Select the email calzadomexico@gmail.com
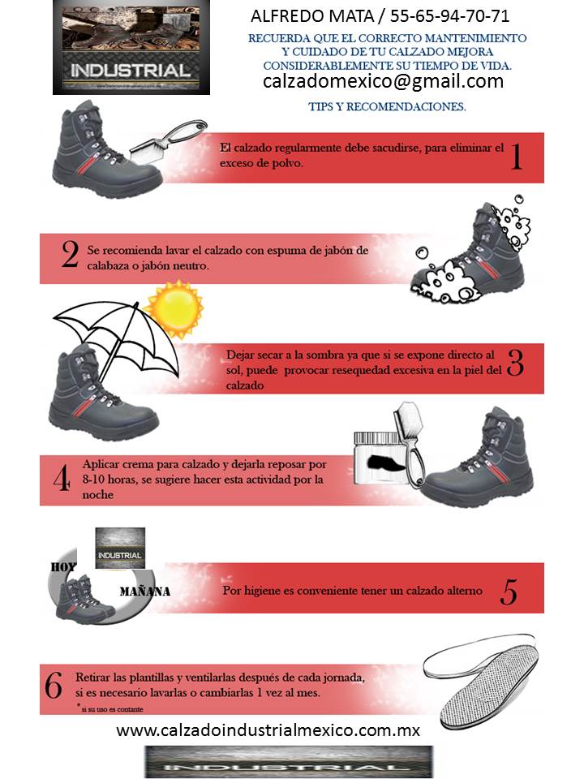point(383,81)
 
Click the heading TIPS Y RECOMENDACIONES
point(387,106)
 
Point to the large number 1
point(515,156)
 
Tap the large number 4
point(61,480)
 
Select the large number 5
point(509,592)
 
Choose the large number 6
point(54,687)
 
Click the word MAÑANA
point(144,591)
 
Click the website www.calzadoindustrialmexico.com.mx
point(268,730)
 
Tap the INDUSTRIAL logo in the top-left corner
point(131,48)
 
